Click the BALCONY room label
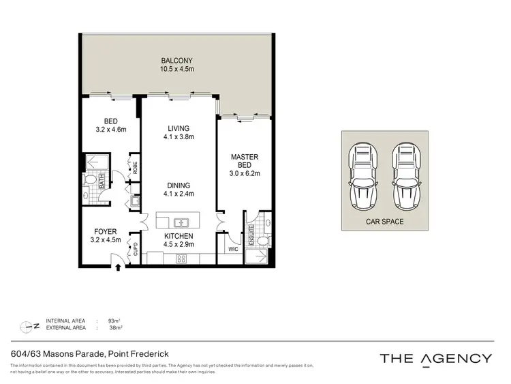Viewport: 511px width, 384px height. tap(178, 59)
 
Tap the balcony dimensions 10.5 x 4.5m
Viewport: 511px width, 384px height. tap(178, 68)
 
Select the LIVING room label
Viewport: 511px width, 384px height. tap(179, 128)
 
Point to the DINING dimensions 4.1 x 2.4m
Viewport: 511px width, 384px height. tap(179, 194)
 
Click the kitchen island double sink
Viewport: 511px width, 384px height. tap(181, 222)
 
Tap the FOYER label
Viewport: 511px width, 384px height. tap(106, 231)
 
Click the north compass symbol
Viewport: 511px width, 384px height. tap(28, 324)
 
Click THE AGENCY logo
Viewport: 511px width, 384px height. tap(436, 358)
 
